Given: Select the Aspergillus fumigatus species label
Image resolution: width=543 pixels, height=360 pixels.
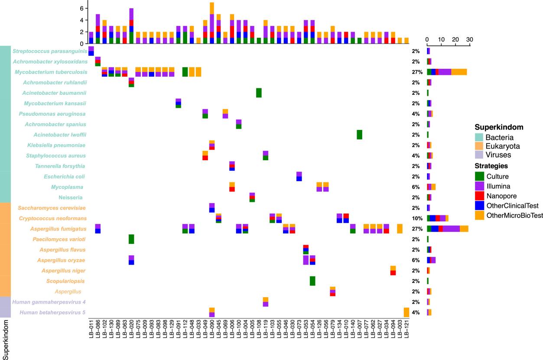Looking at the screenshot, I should [x=58, y=229].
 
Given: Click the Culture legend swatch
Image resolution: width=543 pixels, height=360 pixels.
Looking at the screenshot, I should [x=480, y=176].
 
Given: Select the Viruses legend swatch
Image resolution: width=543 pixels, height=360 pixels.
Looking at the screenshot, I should [x=480, y=155].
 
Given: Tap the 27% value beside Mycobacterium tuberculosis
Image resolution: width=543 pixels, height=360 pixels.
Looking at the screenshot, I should [x=417, y=72].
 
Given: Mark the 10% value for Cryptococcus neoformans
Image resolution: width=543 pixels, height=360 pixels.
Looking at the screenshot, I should [x=417, y=218].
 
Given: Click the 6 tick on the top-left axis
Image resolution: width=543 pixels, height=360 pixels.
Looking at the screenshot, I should [x=81, y=8].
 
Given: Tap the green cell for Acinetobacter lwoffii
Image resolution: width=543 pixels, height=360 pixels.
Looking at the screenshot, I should [x=359, y=135].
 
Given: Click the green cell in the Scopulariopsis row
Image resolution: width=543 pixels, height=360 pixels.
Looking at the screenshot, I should [x=312, y=281].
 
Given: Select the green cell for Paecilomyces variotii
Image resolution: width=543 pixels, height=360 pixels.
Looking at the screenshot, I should [x=131, y=239].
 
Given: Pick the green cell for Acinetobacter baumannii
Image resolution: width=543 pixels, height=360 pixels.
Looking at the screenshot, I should [x=259, y=93].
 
